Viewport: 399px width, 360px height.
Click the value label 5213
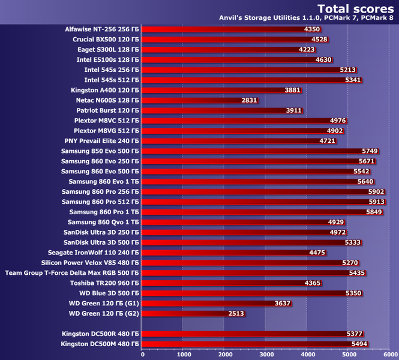coord(348,70)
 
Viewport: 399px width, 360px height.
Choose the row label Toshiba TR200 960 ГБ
coord(104,283)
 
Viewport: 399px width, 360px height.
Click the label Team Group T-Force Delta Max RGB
coord(71,272)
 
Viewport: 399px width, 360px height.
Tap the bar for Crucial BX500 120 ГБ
coord(228,39)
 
